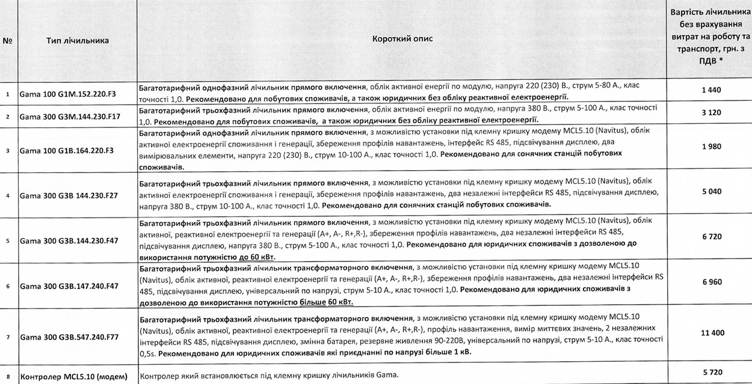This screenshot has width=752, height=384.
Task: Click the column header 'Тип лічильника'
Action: coord(77,40)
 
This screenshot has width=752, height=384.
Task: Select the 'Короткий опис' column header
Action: coord(402,39)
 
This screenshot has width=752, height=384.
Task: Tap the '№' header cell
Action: coord(8,41)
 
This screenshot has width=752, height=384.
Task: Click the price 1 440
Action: coord(711,90)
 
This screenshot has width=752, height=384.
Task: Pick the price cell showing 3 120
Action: coord(711,112)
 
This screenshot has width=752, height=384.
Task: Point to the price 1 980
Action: coord(711,146)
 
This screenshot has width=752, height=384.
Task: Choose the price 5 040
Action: coord(711,193)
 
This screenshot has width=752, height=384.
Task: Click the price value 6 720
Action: coord(711,237)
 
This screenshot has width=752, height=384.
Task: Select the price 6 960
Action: coord(711,282)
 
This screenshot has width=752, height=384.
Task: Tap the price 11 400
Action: coord(711,333)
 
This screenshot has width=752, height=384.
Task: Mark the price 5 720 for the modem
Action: coord(711,373)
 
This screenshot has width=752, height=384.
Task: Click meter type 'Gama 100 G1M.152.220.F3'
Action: coord(67,94)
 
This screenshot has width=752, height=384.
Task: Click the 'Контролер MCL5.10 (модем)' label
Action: coord(73,377)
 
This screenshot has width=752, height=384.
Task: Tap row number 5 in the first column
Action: coord(8,241)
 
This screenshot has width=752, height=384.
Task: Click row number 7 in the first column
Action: coord(8,337)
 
